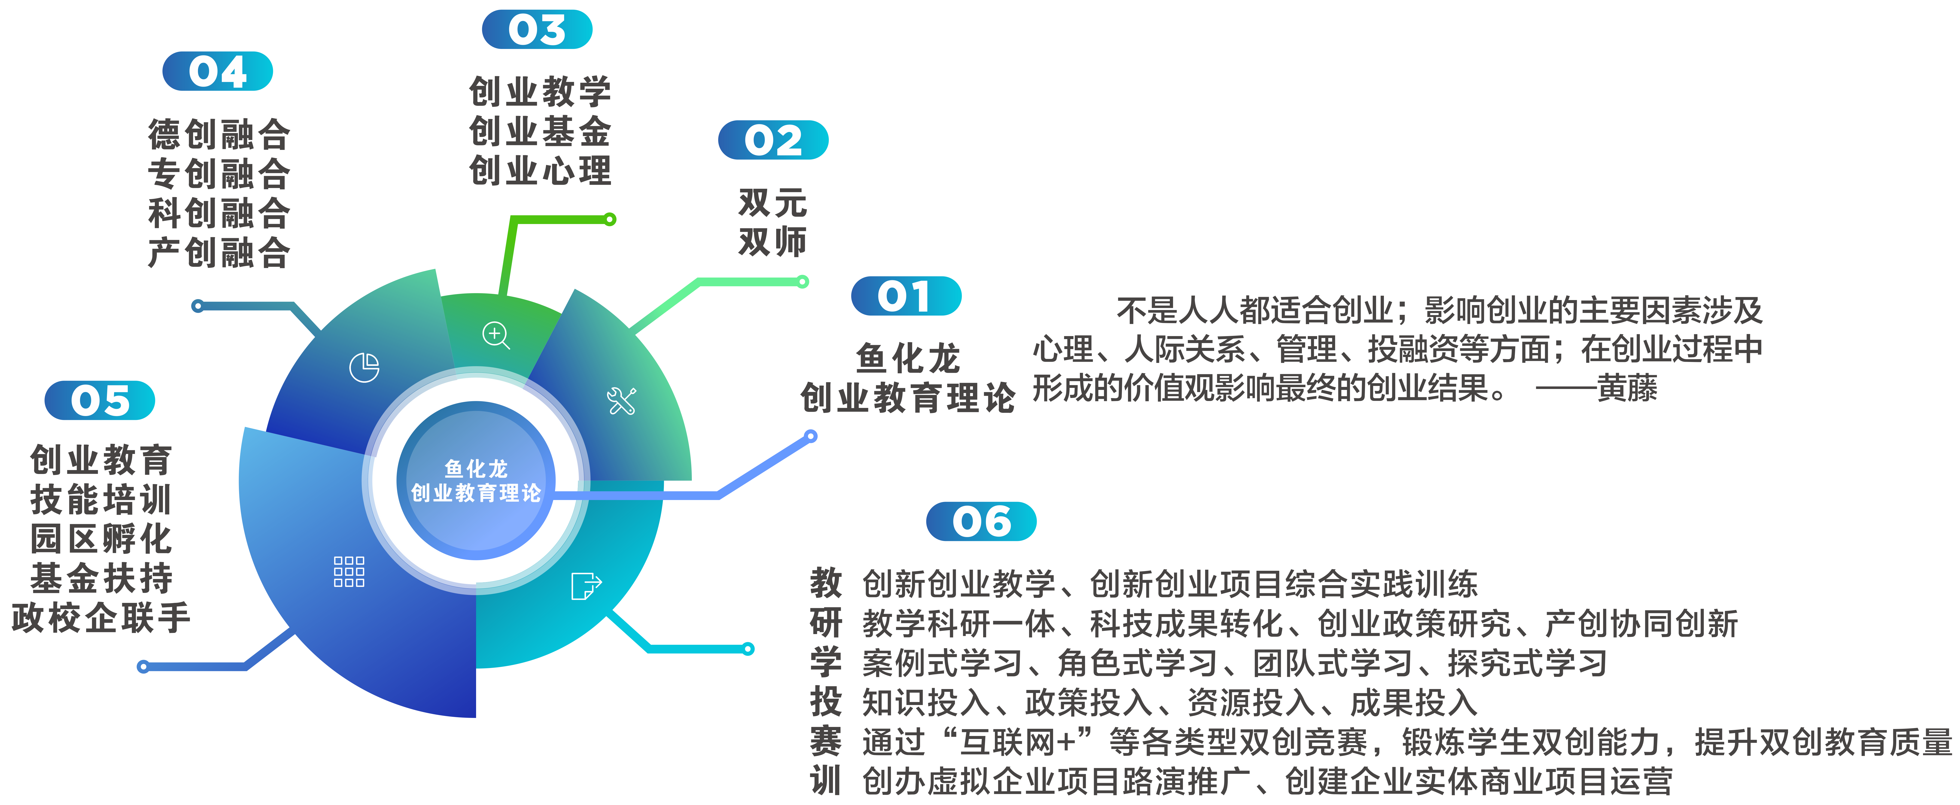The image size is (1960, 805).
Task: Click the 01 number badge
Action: click(906, 296)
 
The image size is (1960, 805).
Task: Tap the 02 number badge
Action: click(773, 140)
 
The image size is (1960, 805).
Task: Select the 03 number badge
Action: click(537, 30)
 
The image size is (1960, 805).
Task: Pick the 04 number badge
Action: click(218, 72)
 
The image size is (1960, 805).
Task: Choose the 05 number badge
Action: click(100, 400)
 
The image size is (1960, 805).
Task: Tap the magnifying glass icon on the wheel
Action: click(496, 335)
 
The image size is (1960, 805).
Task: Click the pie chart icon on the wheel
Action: click(365, 368)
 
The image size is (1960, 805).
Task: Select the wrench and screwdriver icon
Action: click(621, 401)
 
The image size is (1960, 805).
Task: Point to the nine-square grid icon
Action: click(349, 571)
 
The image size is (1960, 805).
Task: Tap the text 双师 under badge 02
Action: click(772, 242)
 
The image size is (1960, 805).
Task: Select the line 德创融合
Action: click(219, 135)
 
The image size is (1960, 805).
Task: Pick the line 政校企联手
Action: click(100, 617)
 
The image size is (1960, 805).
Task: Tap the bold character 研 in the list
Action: click(826, 623)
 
